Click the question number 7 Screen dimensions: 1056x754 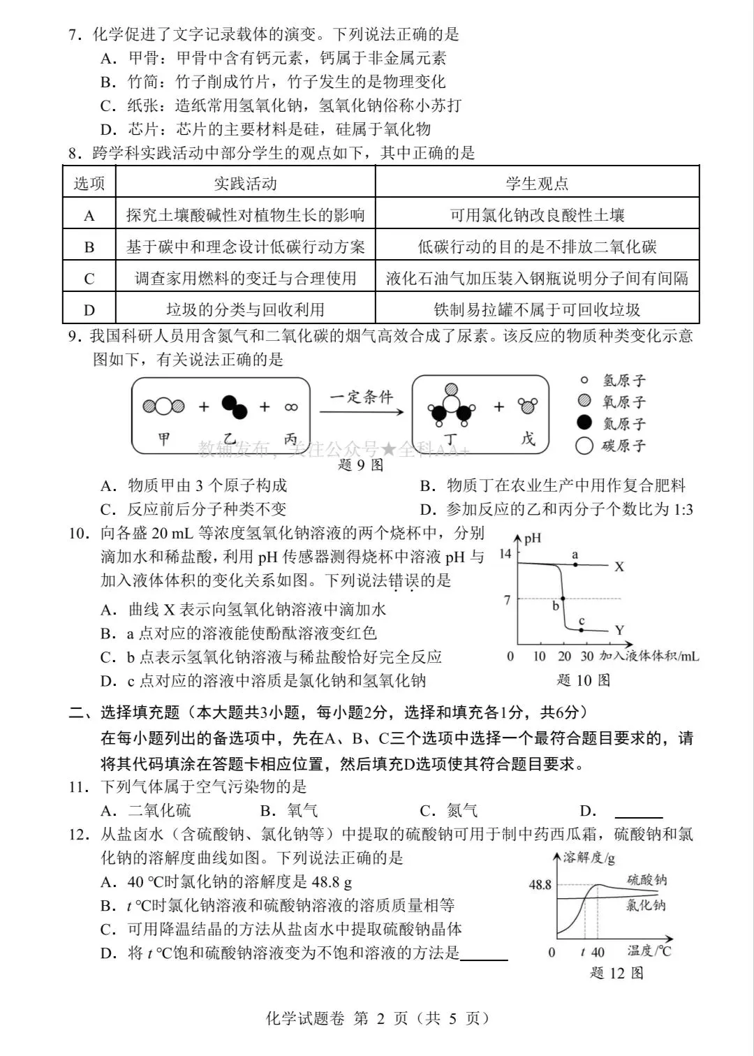point(73,35)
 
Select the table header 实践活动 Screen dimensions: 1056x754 point(245,184)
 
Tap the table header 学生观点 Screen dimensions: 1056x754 point(537,184)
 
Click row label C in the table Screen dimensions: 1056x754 point(89,279)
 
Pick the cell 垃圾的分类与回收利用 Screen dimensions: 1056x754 point(245,309)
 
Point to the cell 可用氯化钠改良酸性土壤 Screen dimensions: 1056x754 point(537,215)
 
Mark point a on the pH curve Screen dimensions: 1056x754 point(575,564)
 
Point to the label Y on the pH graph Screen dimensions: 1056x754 point(619,631)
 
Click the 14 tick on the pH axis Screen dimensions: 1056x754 point(505,554)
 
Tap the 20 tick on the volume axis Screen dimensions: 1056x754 point(564,657)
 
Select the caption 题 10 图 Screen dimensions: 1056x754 point(584,680)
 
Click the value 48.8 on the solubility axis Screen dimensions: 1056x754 point(540,885)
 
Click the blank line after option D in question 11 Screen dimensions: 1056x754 point(638,812)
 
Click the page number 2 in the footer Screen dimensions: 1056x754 point(380,1018)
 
